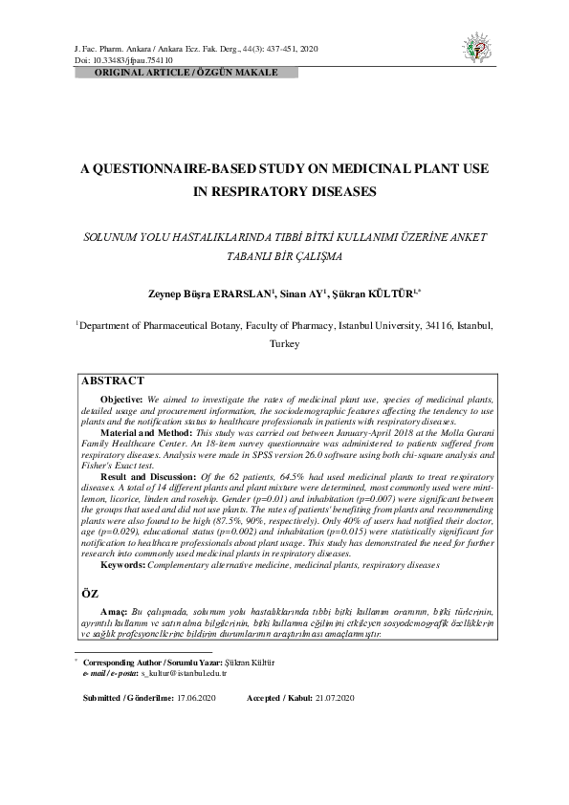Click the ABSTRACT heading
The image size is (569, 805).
pyautogui.click(x=113, y=381)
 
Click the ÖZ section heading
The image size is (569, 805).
pyautogui.click(x=85, y=594)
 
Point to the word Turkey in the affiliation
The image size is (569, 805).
pyautogui.click(x=285, y=343)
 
